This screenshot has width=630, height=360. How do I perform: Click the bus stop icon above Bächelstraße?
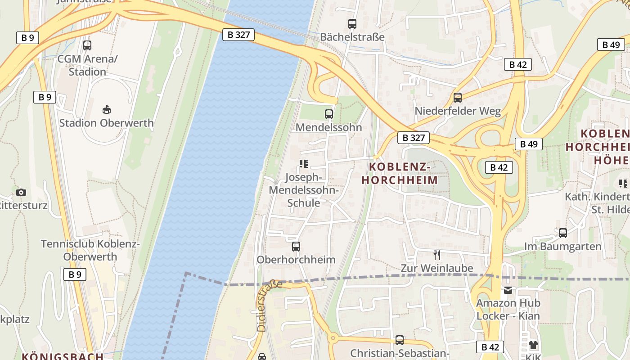click(x=352, y=24)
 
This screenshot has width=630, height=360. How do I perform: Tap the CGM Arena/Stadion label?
click(x=87, y=65)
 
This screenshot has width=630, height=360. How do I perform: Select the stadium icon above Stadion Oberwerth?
click(x=107, y=109)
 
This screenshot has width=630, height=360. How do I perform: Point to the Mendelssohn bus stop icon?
click(x=329, y=114)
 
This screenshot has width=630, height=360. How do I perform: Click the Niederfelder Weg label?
click(x=458, y=111)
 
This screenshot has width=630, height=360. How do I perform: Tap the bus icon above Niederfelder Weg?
click(x=458, y=97)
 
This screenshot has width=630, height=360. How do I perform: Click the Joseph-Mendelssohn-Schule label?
click(x=304, y=190)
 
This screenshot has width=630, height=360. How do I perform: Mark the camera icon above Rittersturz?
click(x=21, y=192)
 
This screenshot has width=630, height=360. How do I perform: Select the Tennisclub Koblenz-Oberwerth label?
click(x=90, y=250)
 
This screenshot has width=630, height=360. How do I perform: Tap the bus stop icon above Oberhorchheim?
click(x=296, y=247)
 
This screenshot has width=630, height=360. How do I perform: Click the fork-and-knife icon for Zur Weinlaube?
click(x=437, y=255)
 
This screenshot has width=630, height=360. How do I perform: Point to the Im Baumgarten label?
click(x=562, y=247)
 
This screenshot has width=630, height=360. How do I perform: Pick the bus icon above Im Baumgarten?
click(x=563, y=233)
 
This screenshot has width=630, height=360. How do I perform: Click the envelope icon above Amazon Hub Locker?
click(x=508, y=290)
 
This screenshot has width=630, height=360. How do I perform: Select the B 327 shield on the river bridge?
click(x=238, y=34)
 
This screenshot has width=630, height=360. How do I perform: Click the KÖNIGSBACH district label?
click(x=63, y=356)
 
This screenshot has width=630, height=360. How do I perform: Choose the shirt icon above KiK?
click(x=533, y=345)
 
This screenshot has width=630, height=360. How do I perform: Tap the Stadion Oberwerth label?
click(x=106, y=123)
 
